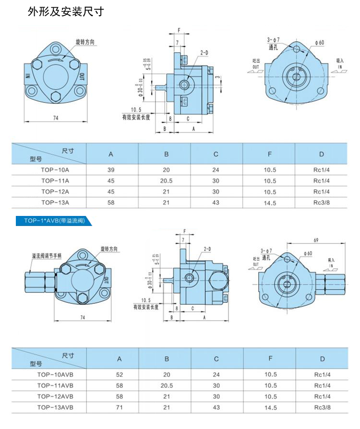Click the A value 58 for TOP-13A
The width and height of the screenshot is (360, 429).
111,203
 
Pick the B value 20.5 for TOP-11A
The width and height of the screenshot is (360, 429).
166,181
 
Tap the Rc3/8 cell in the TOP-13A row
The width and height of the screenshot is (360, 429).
321,203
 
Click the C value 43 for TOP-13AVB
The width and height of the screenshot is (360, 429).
216,407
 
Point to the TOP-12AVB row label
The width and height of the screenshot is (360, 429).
55,396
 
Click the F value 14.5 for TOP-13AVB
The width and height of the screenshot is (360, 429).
271,407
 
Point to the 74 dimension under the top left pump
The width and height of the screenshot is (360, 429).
56,118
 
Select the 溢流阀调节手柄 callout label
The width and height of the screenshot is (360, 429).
47,257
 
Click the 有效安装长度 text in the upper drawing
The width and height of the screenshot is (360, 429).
136,116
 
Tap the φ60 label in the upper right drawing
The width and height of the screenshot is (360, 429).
320,43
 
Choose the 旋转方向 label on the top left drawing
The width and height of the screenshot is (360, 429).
84,42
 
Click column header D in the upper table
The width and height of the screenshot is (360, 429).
321,154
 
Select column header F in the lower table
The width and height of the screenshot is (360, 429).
271,358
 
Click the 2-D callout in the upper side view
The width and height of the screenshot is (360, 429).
204,52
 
